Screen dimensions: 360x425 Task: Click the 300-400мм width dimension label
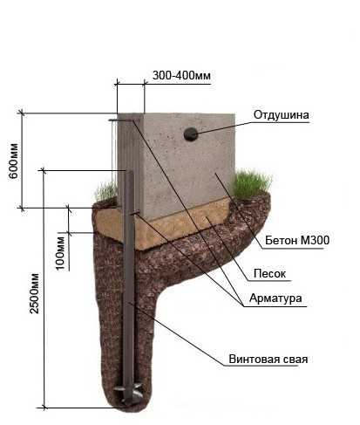(x=181, y=75)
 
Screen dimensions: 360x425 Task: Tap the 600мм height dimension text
(x=14, y=161)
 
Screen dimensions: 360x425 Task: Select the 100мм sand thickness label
(x=60, y=253)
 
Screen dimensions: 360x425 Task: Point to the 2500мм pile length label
(x=34, y=293)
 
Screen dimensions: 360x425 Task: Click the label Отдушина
(x=281, y=114)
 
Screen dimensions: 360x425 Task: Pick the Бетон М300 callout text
(x=297, y=240)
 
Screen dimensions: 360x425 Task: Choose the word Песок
(x=269, y=273)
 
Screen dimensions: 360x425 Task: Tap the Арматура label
(x=275, y=298)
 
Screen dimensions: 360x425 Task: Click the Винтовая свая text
(x=268, y=359)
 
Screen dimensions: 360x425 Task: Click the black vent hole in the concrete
(x=191, y=134)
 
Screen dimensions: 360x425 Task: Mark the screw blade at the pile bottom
(x=128, y=391)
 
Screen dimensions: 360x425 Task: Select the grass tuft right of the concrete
(x=250, y=184)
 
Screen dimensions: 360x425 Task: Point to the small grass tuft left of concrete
(x=106, y=192)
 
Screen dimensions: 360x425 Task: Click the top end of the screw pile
(x=129, y=172)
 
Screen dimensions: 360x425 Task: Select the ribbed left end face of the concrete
(x=128, y=163)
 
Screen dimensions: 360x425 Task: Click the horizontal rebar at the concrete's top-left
(x=122, y=120)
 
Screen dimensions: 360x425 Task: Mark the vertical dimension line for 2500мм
(x=44, y=289)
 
